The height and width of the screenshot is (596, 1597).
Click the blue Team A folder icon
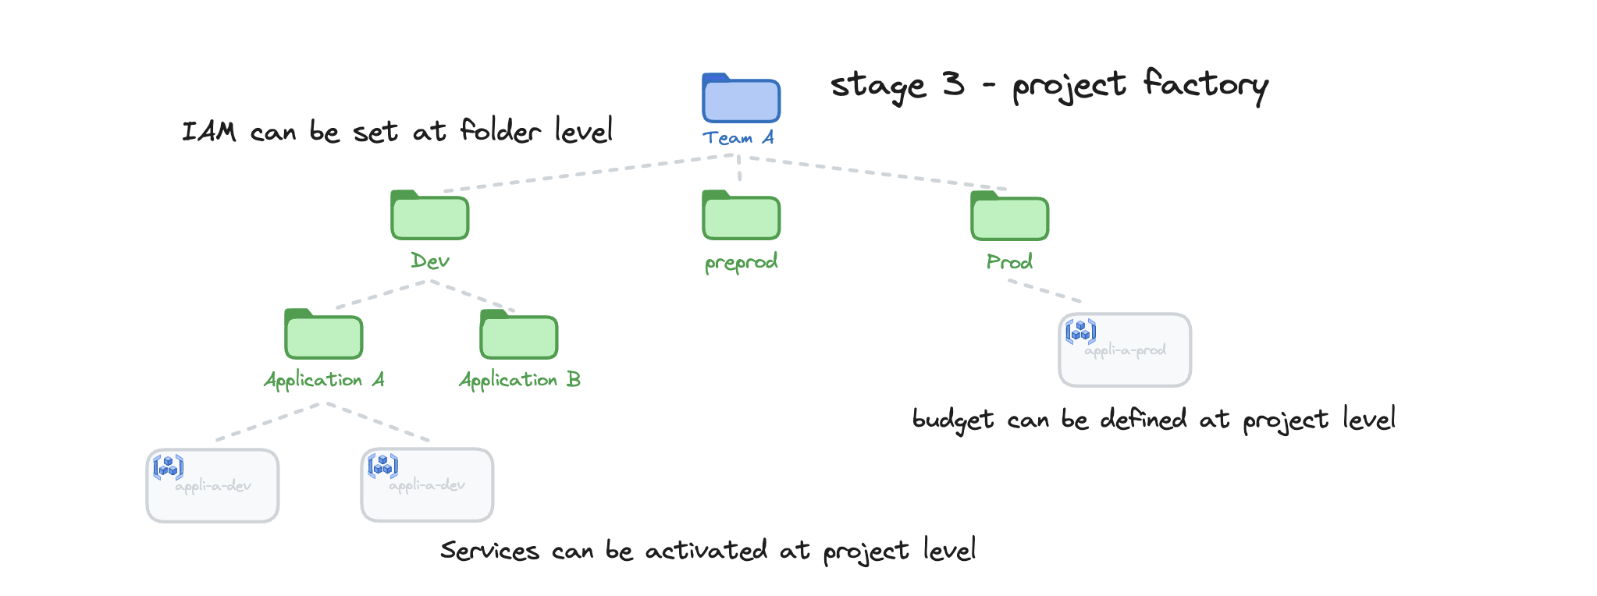741,99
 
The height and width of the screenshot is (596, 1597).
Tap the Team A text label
738,138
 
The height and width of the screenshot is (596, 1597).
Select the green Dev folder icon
429,216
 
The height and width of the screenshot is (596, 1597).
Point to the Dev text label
430,261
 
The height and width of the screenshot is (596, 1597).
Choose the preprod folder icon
741,216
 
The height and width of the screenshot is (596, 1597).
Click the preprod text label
741,262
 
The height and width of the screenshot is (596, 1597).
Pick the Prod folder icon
1009,217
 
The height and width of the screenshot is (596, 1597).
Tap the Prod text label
1009,262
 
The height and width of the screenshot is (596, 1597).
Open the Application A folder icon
323,335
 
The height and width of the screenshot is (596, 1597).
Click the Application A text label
324,380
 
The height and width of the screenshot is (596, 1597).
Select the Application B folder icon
518,335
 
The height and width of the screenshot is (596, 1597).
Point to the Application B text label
519,380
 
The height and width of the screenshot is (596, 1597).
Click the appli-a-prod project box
1125,359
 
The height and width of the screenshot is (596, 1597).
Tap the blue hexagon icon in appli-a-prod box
1081,332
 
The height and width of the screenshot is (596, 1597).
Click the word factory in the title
1205,84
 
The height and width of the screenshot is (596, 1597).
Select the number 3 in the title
953,83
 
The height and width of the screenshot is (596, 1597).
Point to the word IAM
208,132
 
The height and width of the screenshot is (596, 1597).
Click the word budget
953,420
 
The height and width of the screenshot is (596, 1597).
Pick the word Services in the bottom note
489,551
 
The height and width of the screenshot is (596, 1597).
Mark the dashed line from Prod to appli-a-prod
1044,290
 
